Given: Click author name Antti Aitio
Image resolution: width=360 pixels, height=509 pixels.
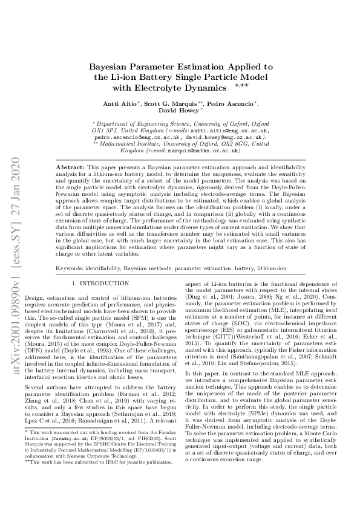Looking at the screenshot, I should click(x=122, y=103).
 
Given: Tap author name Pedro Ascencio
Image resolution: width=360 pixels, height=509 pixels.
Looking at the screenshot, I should click(x=234, y=103).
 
